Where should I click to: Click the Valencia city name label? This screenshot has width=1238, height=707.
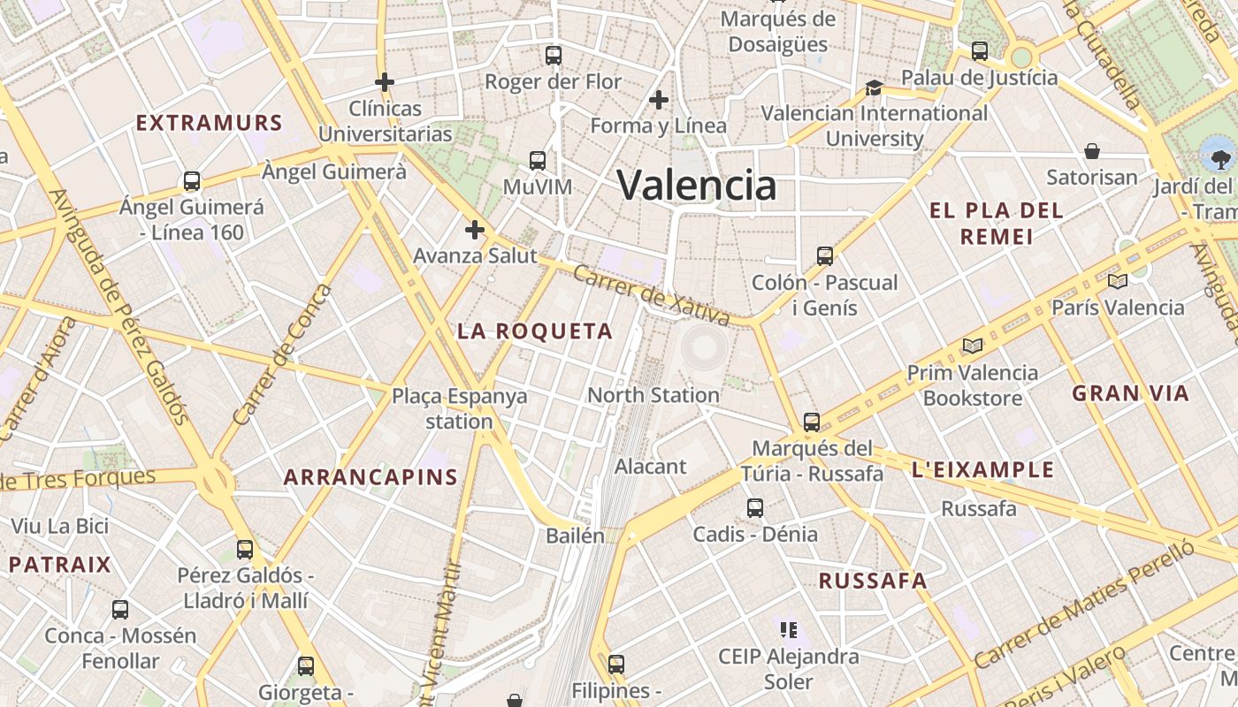click(x=697, y=186)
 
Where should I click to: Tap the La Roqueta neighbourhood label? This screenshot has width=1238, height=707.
click(x=535, y=331)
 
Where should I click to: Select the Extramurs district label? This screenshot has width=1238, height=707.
click(x=210, y=123)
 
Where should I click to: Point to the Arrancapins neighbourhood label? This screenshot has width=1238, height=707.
click(x=371, y=478)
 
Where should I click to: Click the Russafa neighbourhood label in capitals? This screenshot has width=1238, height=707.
click(x=873, y=581)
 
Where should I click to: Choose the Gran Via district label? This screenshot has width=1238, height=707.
click(x=1131, y=393)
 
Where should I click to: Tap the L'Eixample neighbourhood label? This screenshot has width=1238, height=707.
click(x=982, y=469)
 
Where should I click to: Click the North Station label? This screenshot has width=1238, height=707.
click(x=653, y=395)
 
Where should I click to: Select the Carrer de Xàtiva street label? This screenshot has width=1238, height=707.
click(x=651, y=295)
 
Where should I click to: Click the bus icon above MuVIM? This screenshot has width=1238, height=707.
click(x=538, y=161)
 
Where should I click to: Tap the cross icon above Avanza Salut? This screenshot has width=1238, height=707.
click(x=475, y=231)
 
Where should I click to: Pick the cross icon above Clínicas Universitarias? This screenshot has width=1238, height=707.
click(x=385, y=83)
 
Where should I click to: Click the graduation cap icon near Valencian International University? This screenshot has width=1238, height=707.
click(x=874, y=87)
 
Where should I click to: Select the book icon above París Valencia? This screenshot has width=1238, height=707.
click(x=1118, y=282)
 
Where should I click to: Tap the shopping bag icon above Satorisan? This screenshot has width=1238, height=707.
click(x=1092, y=151)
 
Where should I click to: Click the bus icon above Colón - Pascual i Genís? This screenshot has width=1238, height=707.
click(x=825, y=256)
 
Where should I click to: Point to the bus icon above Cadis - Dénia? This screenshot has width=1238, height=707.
click(x=755, y=508)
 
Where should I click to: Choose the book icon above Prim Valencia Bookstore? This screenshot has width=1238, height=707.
click(x=973, y=346)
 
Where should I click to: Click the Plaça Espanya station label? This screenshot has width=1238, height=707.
click(x=459, y=408)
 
